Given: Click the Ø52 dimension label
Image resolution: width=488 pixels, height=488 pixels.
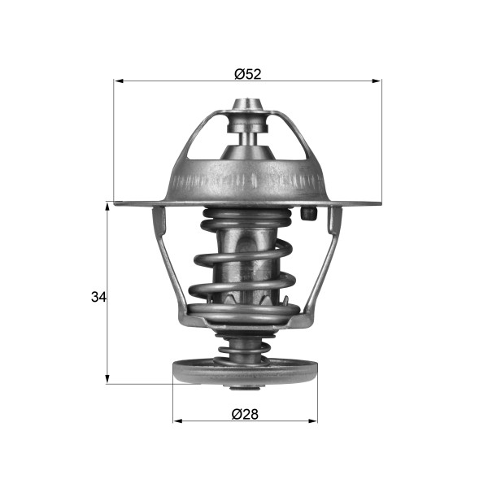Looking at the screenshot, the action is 248,74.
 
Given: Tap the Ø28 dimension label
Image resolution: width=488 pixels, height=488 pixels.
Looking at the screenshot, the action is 245,414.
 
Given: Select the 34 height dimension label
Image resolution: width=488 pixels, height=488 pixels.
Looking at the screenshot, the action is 98,297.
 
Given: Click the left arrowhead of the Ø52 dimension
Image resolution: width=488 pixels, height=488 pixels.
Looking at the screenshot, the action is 120,81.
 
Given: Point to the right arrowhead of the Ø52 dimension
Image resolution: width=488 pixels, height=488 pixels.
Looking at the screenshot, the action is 377,81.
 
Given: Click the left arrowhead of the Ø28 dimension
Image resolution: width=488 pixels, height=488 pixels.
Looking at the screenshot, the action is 178,421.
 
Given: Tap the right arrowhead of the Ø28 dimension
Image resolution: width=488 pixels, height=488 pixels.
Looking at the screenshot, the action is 312,421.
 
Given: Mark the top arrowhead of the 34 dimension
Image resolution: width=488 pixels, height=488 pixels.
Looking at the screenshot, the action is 107,207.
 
